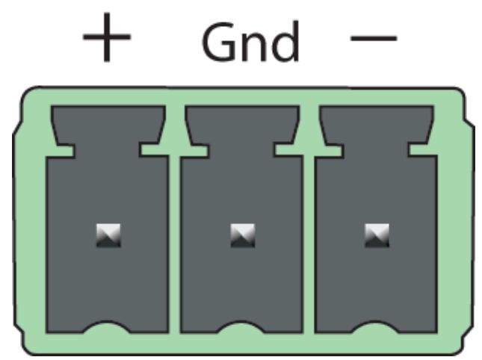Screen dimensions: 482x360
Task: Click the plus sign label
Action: coord(107,37)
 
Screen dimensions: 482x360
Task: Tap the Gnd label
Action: coord(250,42)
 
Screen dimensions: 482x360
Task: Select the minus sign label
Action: coord(374,38)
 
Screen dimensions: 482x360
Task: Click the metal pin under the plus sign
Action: coord(108,235)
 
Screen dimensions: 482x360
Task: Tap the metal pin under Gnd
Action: coord(243,235)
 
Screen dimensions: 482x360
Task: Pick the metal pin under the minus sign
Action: coord(377,235)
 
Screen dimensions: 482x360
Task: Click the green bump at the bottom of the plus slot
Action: coord(107,327)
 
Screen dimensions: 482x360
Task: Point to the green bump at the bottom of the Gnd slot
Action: coord(241,327)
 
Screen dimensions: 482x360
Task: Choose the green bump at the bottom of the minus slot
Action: coord(375,327)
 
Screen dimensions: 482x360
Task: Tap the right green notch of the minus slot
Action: coord(423,150)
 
